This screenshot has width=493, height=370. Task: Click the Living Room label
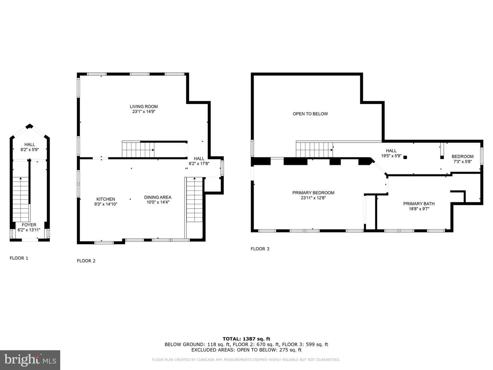point(144,107)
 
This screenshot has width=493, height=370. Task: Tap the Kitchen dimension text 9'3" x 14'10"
point(106,204)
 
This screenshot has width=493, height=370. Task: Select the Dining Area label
point(158,197)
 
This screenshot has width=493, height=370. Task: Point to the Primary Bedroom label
point(313,193)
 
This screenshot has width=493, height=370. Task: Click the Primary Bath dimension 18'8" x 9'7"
point(419,209)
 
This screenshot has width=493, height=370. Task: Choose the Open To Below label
point(310,114)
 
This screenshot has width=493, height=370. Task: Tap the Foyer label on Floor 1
point(29,225)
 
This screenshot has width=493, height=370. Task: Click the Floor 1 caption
point(19,258)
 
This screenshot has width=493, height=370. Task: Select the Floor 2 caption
point(86,261)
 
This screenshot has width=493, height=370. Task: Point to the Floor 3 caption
point(260,249)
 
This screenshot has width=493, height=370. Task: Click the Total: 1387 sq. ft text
point(246,339)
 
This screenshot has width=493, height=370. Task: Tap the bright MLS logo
point(30,360)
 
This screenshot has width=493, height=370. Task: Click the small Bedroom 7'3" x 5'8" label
point(463,159)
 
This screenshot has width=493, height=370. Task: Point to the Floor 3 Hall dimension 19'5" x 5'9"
point(391,156)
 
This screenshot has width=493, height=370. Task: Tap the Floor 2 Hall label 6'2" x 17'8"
point(199,161)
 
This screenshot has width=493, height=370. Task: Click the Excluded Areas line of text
point(246,350)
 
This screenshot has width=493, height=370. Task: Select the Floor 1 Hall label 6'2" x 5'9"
point(30,147)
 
